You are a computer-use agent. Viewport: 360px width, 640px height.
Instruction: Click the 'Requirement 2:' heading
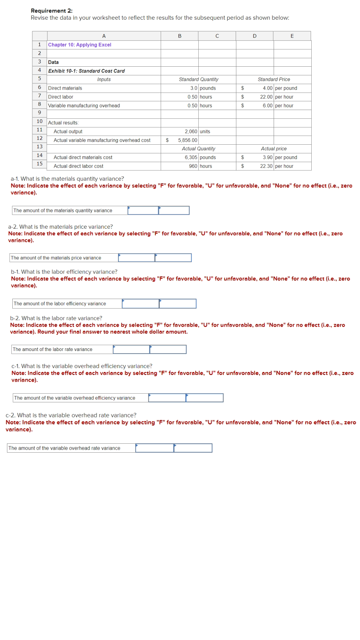[52, 11]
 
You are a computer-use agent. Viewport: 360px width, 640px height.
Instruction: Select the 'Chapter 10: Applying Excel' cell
[80, 45]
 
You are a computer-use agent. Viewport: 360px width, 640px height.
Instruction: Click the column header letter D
[254, 36]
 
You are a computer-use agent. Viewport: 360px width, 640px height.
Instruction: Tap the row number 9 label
[39, 113]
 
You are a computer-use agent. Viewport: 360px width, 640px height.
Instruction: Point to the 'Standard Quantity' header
[198, 79]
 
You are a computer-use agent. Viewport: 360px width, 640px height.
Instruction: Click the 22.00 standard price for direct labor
[266, 97]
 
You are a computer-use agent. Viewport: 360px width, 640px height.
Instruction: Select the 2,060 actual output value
[191, 131]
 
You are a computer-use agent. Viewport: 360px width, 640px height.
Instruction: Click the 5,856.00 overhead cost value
[187, 140]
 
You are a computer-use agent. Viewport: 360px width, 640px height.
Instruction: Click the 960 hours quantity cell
[193, 166]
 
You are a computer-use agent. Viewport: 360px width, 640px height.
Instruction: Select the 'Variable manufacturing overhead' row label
[84, 105]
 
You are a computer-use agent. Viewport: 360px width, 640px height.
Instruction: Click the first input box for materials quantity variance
[143, 210]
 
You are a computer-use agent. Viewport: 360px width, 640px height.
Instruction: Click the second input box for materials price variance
[173, 258]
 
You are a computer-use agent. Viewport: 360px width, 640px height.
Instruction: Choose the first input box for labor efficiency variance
[140, 304]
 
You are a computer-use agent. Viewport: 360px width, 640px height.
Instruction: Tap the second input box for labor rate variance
[168, 349]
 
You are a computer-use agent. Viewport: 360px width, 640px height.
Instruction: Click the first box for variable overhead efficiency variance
[167, 398]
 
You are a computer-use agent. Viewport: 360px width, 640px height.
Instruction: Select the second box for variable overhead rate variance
[193, 448]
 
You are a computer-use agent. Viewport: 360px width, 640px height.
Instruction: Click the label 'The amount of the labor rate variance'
[52, 349]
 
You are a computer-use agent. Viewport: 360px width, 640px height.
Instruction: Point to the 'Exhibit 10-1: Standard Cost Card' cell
[86, 71]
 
